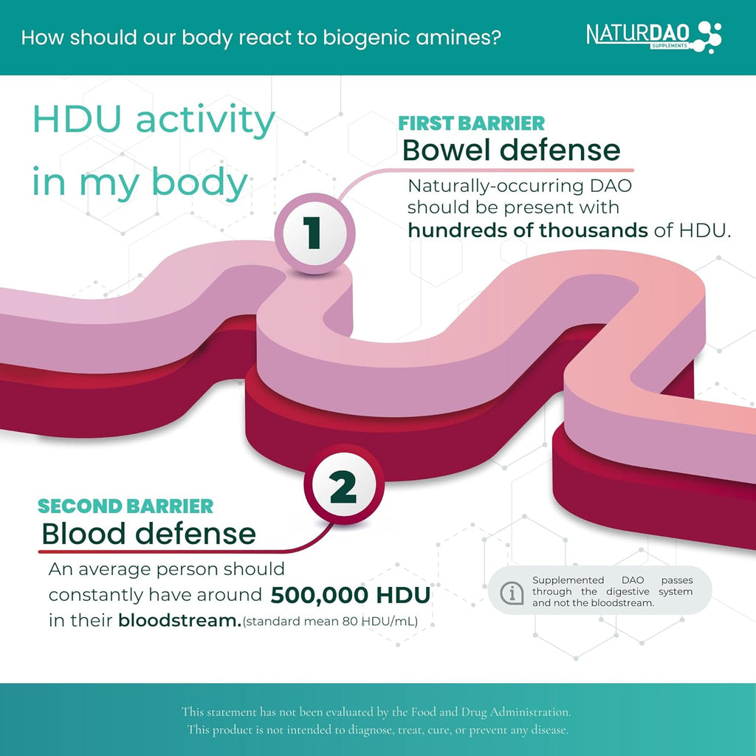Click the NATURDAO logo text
[x=637, y=34]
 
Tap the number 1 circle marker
[x=315, y=233]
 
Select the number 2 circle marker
[x=344, y=484]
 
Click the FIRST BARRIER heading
[x=471, y=123]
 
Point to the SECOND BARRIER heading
[x=126, y=506]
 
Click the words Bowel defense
[x=511, y=150]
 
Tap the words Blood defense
[x=148, y=534]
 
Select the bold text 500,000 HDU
[x=351, y=594]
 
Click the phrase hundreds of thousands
[x=527, y=230]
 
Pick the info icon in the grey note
[x=512, y=591]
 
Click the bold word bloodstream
[x=179, y=620]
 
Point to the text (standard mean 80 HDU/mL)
[x=330, y=621]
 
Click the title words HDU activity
[x=154, y=120]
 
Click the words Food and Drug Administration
[x=490, y=712]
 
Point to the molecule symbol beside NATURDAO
[x=707, y=37]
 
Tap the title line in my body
[x=140, y=182]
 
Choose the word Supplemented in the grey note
[x=568, y=580]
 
